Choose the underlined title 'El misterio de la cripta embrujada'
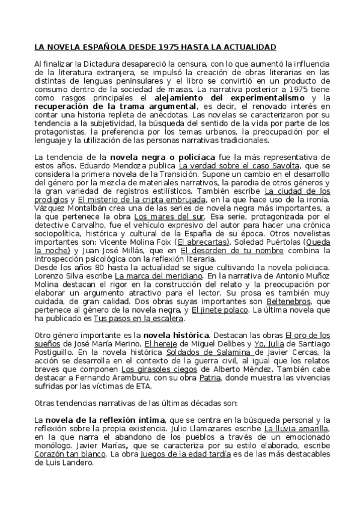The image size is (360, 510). pos(142,198)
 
